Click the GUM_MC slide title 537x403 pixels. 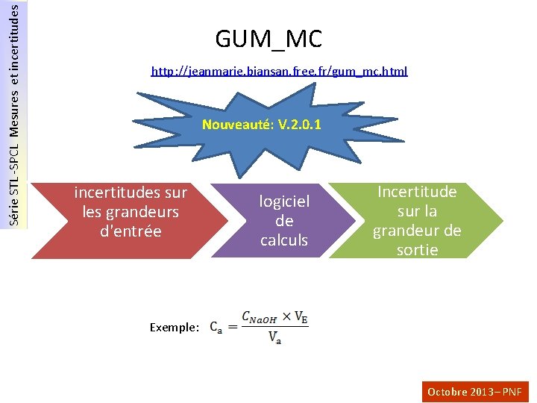coord(268,38)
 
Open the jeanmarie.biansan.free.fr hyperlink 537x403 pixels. coord(279,72)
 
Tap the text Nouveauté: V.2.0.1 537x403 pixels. coord(262,125)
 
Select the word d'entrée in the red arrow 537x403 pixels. coord(131,231)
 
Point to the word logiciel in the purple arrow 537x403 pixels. coord(284,201)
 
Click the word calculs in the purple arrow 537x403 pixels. coord(284,240)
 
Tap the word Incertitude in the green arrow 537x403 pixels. coord(417,192)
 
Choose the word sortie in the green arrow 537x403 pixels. coord(417,250)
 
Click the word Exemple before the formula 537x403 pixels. coord(174,328)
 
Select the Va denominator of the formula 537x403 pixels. coord(275,338)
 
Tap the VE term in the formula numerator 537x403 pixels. coord(301,317)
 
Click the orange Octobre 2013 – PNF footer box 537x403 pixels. coord(475,391)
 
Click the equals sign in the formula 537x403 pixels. coord(232,327)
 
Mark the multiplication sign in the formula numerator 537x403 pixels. coord(286,316)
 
